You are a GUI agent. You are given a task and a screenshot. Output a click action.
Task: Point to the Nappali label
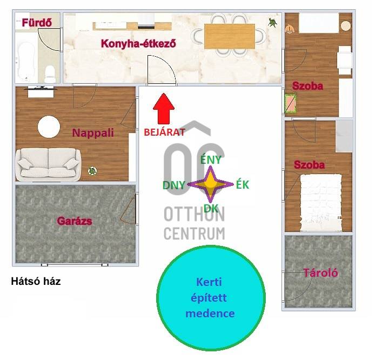(x=93, y=132)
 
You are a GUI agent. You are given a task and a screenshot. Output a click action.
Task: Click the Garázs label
(x=75, y=221)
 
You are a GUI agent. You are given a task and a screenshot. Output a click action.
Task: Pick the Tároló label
(x=320, y=273)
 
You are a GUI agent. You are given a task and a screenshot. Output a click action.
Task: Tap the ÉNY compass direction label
(x=211, y=159)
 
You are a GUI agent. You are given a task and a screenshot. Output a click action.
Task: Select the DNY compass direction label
(x=174, y=185)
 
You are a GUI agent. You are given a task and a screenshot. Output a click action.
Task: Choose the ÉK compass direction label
(x=243, y=184)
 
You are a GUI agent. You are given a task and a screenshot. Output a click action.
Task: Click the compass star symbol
(x=211, y=184)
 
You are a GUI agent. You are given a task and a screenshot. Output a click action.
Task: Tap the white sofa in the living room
(x=49, y=163)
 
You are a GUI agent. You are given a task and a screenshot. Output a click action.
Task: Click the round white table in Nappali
(x=49, y=128)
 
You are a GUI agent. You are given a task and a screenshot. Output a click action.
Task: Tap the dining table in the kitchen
(x=229, y=35)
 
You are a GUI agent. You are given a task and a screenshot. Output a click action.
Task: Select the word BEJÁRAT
(x=164, y=131)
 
